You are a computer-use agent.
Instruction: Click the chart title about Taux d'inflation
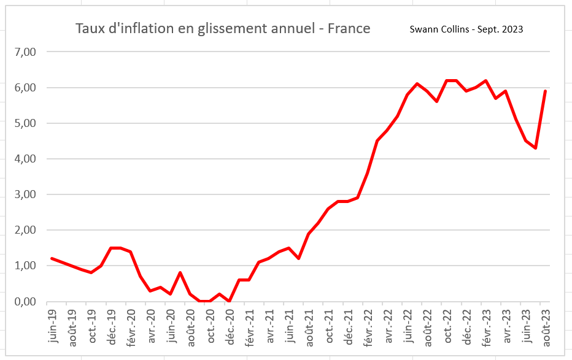(x=222, y=29)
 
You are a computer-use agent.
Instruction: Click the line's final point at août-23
(x=546, y=91)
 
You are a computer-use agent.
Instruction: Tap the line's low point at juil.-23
(x=536, y=148)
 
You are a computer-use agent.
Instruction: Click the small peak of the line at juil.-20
(x=180, y=273)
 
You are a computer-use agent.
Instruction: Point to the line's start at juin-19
(x=52, y=259)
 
